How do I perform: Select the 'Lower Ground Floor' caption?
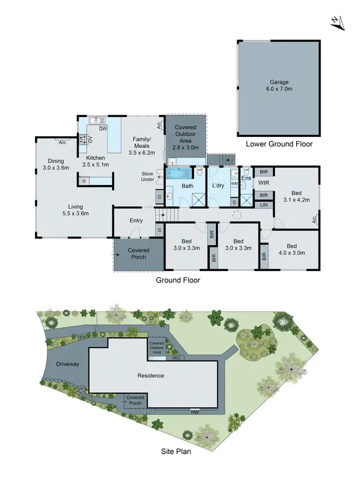[x=279, y=144]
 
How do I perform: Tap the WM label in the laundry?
[x=234, y=183]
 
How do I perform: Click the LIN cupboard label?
[x=263, y=205]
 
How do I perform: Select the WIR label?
[x=264, y=183]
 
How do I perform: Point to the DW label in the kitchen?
[x=103, y=129]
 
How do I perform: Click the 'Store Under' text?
[x=147, y=177]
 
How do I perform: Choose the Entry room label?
[x=136, y=220]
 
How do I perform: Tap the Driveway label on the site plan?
[x=67, y=364]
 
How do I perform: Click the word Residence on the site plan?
[x=151, y=375]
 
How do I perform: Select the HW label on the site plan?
[x=195, y=412]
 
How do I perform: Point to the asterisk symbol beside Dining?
[x=84, y=181]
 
